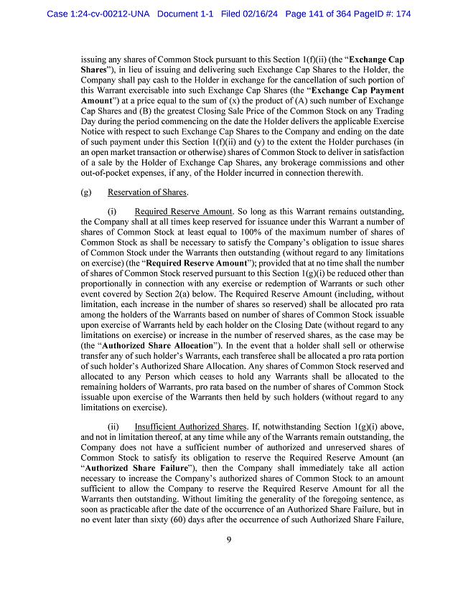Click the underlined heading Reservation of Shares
pos(147,192)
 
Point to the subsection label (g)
pos(87,192)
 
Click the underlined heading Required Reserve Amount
pos(183,212)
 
